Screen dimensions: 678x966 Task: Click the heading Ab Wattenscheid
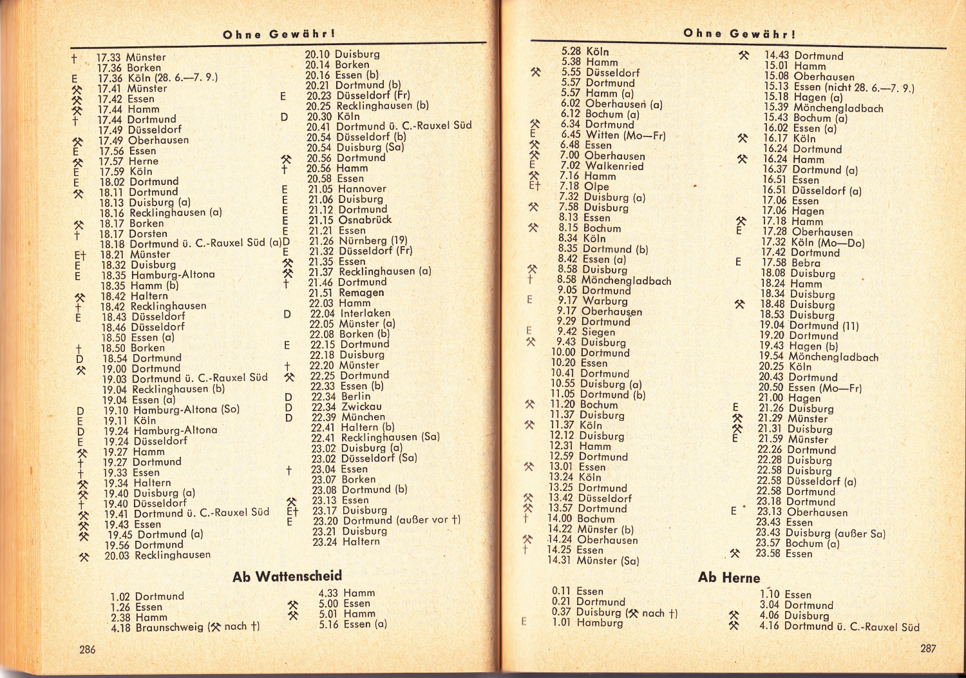pyautogui.click(x=287, y=576)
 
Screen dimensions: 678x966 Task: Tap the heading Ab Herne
pyautogui.click(x=729, y=577)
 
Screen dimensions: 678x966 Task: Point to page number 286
pyautogui.click(x=88, y=650)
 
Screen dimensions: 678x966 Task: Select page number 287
pyautogui.click(x=927, y=648)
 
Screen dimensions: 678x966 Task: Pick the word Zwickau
pyautogui.click(x=361, y=407)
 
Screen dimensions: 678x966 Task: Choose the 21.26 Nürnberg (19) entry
pyautogui.click(x=357, y=240)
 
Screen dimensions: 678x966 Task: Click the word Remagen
pyautogui.click(x=361, y=293)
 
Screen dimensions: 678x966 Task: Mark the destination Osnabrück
pyautogui.click(x=365, y=220)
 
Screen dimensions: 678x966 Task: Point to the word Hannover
pyautogui.click(x=362, y=189)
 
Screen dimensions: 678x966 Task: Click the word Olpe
pyautogui.click(x=596, y=186)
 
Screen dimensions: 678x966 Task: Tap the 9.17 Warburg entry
pyautogui.click(x=592, y=301)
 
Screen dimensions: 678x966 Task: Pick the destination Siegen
pyautogui.click(x=598, y=332)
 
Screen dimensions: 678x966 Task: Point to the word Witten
pyautogui.click(x=603, y=135)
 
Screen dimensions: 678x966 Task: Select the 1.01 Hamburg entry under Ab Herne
pyautogui.click(x=587, y=623)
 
